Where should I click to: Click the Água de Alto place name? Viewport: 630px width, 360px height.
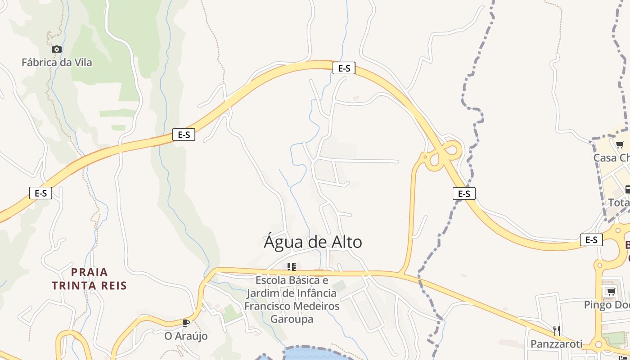pyautogui.click(x=313, y=242)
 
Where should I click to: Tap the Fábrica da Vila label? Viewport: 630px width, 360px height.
pyautogui.click(x=57, y=63)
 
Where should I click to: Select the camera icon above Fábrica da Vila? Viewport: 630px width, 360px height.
pyautogui.click(x=57, y=49)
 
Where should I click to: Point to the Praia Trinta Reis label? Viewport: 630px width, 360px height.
pyautogui.click(x=89, y=279)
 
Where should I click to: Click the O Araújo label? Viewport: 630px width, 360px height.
pyautogui.click(x=186, y=336)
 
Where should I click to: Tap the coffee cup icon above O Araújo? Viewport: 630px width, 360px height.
pyautogui.click(x=186, y=322)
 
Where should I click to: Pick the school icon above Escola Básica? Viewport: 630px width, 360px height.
pyautogui.click(x=292, y=267)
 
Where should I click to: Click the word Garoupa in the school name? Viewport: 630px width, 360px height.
pyautogui.click(x=292, y=319)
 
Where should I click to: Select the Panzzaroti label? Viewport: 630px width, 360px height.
pyautogui.click(x=556, y=344)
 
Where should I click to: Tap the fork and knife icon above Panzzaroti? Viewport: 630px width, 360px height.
pyautogui.click(x=557, y=331)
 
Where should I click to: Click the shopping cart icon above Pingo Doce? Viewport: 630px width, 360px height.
pyautogui.click(x=611, y=292)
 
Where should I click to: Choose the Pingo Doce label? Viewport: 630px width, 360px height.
pyautogui.click(x=607, y=305)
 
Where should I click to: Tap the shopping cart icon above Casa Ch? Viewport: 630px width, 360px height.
pyautogui.click(x=620, y=144)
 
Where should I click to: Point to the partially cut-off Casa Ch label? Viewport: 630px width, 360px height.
pyautogui.click(x=612, y=157)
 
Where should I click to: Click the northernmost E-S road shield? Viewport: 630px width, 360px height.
pyautogui.click(x=344, y=68)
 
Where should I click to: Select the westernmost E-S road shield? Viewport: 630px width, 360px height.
pyautogui.click(x=41, y=193)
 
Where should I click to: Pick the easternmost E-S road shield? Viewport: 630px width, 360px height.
pyautogui.click(x=591, y=239)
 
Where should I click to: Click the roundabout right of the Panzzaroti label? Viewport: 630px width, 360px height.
pyautogui.click(x=599, y=345)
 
